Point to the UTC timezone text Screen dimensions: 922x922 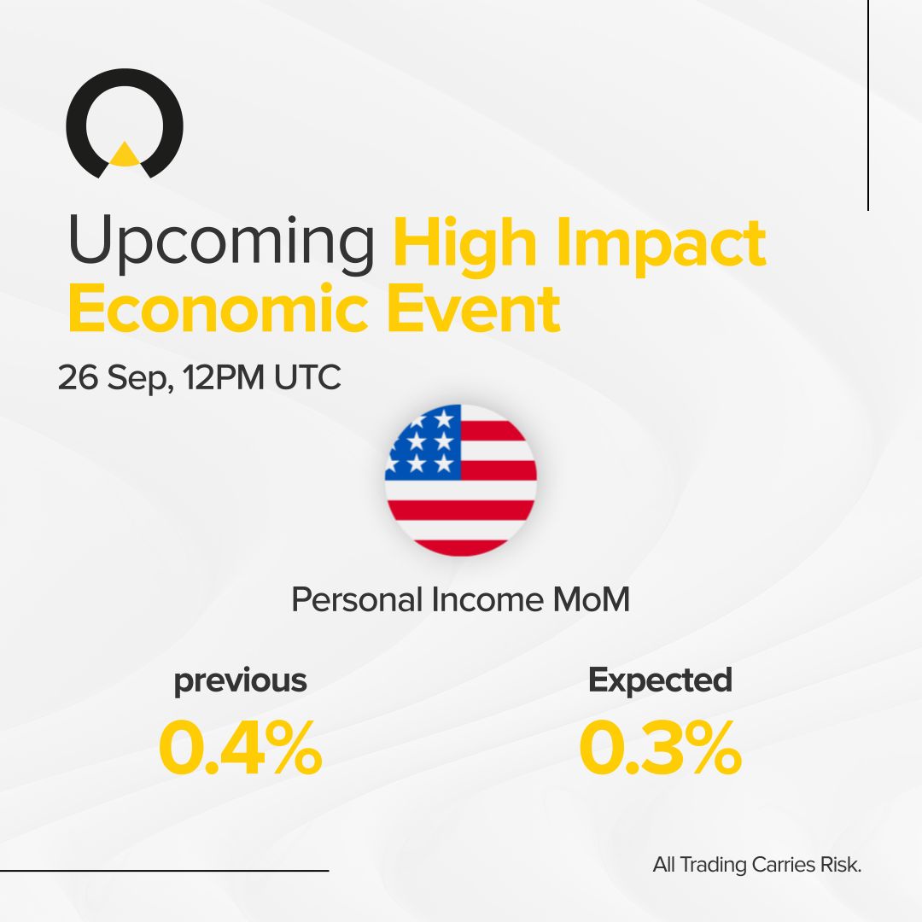coord(307,378)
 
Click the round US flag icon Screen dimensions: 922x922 coord(461,480)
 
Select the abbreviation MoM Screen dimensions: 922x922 coord(591,600)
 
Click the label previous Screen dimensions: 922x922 coord(240,680)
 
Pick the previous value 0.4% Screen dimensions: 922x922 coord(240,748)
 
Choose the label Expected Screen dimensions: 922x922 coord(660,680)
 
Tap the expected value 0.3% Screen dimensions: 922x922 coord(660,748)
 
